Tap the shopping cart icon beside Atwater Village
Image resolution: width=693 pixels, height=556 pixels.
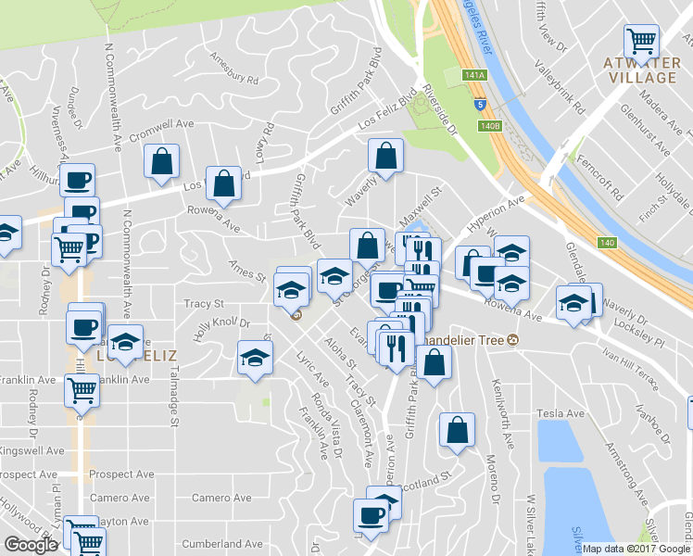[641, 41]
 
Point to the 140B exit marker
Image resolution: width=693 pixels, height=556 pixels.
[490, 127]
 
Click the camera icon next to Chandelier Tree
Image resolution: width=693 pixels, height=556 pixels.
[511, 340]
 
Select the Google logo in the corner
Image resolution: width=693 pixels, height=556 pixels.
[31, 544]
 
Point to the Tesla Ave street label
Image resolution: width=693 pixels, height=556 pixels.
[560, 412]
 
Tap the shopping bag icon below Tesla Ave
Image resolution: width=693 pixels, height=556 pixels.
[457, 430]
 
